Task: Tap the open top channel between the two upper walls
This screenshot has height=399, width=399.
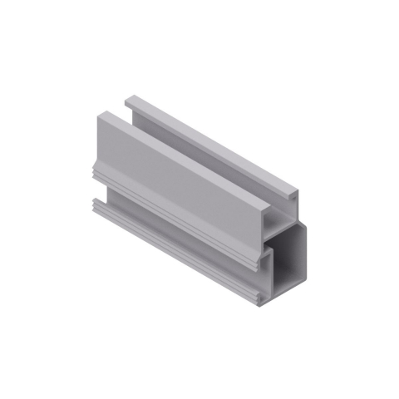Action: click(x=199, y=162)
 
